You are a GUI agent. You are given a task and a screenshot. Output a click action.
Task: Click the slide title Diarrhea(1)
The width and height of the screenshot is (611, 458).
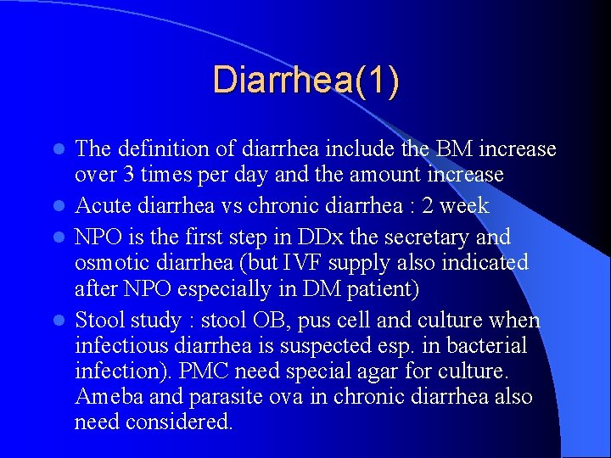[305, 81]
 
